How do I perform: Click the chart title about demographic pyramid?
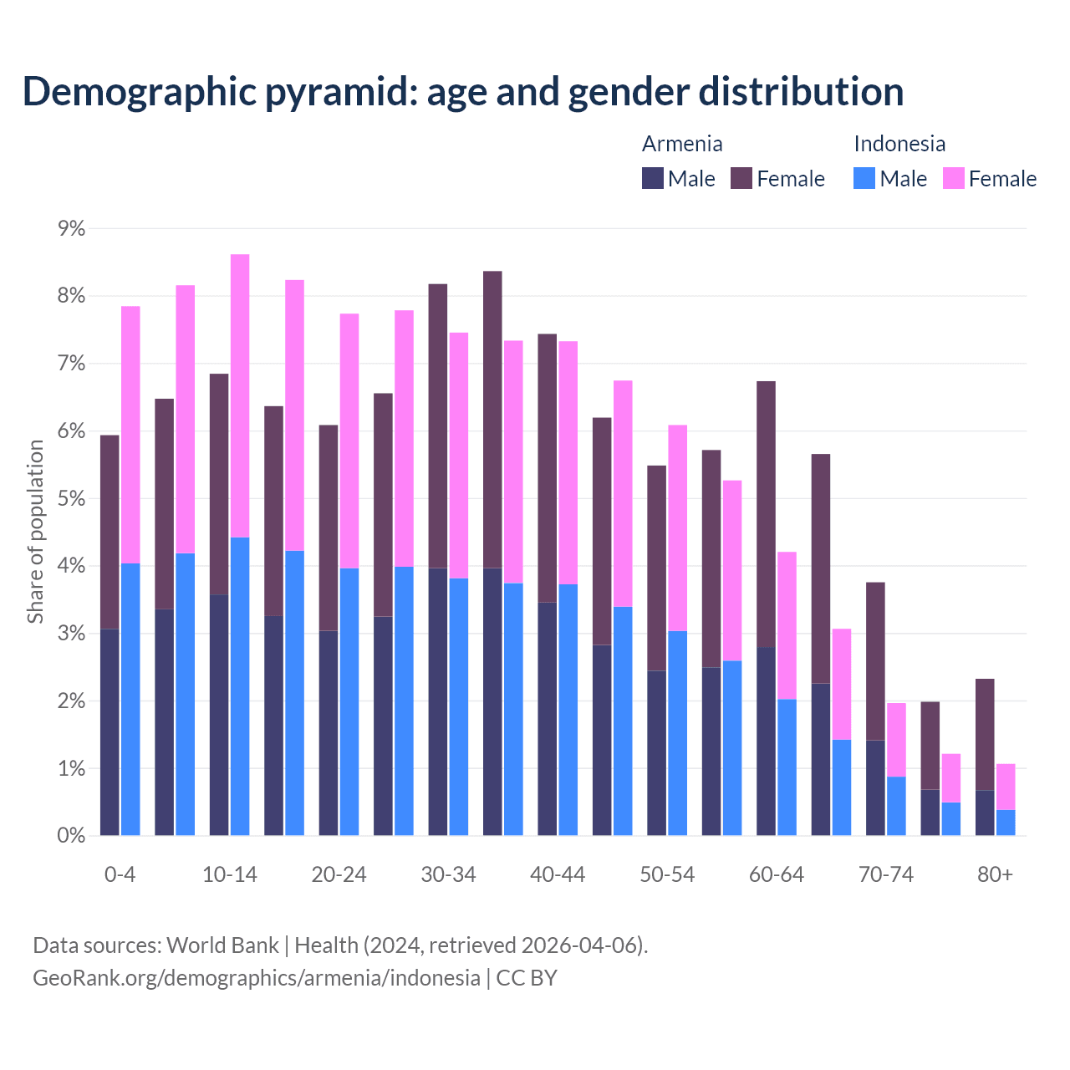[x=463, y=91]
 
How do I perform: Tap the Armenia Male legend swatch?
[x=653, y=178]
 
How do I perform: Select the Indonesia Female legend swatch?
[x=954, y=178]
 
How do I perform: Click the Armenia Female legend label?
[x=790, y=179]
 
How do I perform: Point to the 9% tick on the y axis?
[x=71, y=228]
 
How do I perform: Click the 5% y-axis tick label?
[x=71, y=498]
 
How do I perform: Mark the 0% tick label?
[x=71, y=835]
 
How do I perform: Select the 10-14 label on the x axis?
[x=230, y=874]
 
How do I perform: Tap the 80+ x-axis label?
[x=995, y=874]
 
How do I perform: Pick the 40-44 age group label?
[x=558, y=874]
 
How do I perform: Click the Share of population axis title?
[x=35, y=532]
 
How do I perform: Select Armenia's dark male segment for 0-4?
[x=110, y=731]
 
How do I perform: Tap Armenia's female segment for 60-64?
[x=766, y=514]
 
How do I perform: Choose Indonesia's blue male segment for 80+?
[x=1006, y=823]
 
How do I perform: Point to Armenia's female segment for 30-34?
[x=438, y=426]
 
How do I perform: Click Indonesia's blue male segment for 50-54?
[x=677, y=733]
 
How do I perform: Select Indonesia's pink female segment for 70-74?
[x=896, y=740]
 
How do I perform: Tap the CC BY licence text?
[x=527, y=978]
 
